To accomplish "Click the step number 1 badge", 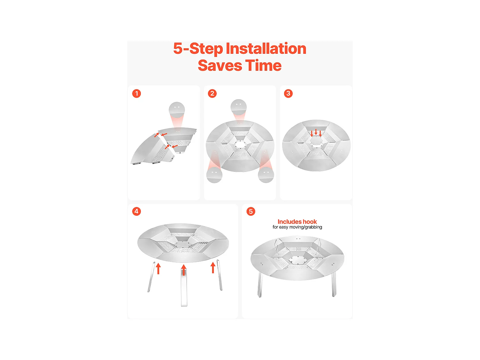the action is (136, 93).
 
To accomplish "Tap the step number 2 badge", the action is (212, 93).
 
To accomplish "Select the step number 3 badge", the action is (288, 93).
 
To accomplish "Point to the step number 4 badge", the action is (136, 212).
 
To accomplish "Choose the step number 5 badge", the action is (251, 212).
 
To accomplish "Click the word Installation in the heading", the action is (266, 49).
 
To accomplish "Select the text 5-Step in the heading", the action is (198, 49).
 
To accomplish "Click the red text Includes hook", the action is (297, 222).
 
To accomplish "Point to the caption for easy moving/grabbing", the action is (297, 227).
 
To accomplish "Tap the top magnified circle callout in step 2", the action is (239, 107).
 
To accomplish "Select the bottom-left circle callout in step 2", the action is (214, 175).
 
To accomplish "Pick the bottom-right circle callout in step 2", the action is (266, 174).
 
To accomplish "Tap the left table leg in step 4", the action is (151, 277).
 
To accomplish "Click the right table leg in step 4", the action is (220, 275).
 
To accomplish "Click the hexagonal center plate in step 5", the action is (297, 259).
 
